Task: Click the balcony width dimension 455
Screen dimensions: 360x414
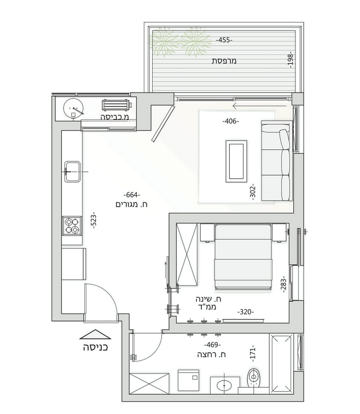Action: click(224, 40)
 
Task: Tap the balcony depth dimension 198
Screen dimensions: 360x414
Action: click(291, 60)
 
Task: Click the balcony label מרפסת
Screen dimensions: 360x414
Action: click(224, 61)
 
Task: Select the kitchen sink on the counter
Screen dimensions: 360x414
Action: click(73, 172)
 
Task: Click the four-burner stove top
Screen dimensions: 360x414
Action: click(72, 226)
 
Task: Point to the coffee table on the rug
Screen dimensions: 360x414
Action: click(236, 161)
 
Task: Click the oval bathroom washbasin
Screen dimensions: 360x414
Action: click(224, 385)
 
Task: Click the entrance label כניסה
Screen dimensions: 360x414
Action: click(96, 347)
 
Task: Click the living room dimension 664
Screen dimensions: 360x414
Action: click(132, 195)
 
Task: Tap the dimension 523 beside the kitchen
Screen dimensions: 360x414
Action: click(94, 220)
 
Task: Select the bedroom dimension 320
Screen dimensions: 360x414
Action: click(245, 312)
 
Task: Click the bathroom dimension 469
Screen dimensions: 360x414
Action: click(212, 345)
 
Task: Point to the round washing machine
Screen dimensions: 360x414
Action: click(73, 108)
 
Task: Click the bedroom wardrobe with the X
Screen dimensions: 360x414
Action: click(187, 254)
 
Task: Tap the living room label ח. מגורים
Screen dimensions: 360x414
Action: click(131, 205)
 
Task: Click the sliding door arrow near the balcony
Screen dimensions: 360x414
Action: click(259, 107)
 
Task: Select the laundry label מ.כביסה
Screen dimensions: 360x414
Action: click(115, 117)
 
